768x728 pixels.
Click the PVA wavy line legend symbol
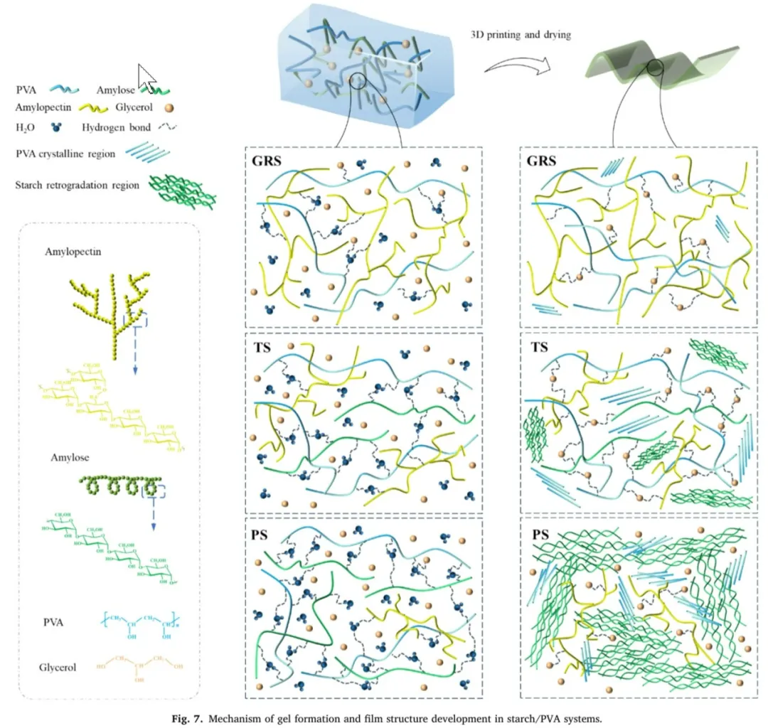[x=65, y=90]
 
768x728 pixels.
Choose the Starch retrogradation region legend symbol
[x=181, y=187]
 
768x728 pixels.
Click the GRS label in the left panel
[x=266, y=161]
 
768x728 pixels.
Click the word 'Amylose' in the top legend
[x=117, y=90]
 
